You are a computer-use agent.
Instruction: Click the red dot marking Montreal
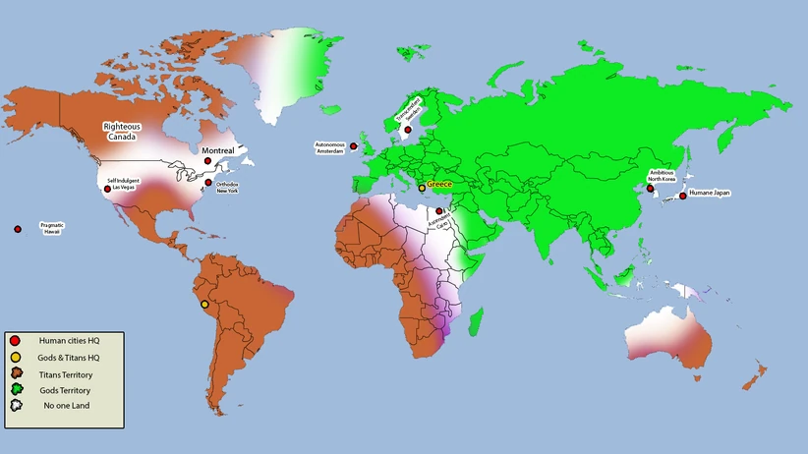(207, 161)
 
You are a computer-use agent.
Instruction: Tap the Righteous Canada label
(123, 131)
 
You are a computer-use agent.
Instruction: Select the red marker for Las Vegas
(107, 189)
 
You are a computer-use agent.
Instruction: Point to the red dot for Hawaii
(18, 229)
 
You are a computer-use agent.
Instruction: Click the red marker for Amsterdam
(354, 145)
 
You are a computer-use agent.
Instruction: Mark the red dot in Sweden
(408, 129)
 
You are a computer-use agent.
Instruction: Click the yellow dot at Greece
(422, 188)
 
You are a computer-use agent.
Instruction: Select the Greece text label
(438, 184)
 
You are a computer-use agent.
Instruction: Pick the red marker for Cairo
(438, 210)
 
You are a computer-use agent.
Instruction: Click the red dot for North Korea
(649, 186)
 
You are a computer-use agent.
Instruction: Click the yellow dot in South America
(204, 305)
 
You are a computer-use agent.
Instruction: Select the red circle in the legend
(15, 340)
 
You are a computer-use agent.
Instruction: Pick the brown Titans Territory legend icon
(15, 372)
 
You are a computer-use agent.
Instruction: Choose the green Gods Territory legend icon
(15, 389)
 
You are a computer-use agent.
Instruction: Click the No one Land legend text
(64, 406)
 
